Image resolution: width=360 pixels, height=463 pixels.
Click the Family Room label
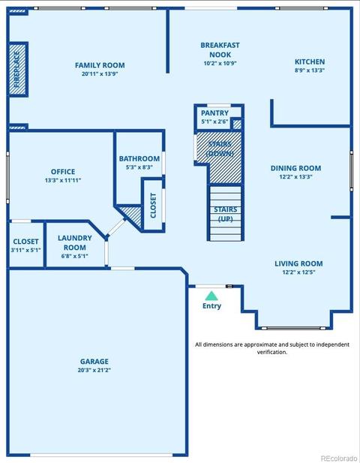100,65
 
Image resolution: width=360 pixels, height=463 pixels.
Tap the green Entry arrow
211,296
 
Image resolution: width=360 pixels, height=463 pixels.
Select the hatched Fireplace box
18,69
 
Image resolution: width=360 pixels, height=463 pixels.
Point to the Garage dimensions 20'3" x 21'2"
94,370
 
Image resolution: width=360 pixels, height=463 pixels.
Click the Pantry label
214,113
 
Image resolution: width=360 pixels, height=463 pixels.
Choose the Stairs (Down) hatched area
219,158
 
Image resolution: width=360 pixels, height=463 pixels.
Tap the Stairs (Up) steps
226,213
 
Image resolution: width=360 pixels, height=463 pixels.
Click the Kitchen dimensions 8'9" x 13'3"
310,71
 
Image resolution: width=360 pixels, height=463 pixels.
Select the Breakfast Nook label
220,50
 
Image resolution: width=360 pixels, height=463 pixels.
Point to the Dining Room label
295,168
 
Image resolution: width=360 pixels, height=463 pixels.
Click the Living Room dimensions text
298,272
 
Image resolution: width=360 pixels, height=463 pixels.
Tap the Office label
63,172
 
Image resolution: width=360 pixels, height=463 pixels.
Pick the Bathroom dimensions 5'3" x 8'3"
139,167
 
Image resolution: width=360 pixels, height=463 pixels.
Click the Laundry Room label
75,242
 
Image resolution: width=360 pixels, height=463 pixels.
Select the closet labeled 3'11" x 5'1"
25,245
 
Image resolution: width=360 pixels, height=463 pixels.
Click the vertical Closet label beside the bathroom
153,206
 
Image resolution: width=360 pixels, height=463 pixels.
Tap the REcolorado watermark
339,458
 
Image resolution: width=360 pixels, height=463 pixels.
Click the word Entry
211,306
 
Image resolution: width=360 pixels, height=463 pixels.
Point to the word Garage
94,362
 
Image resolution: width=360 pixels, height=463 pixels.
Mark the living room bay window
293,328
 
